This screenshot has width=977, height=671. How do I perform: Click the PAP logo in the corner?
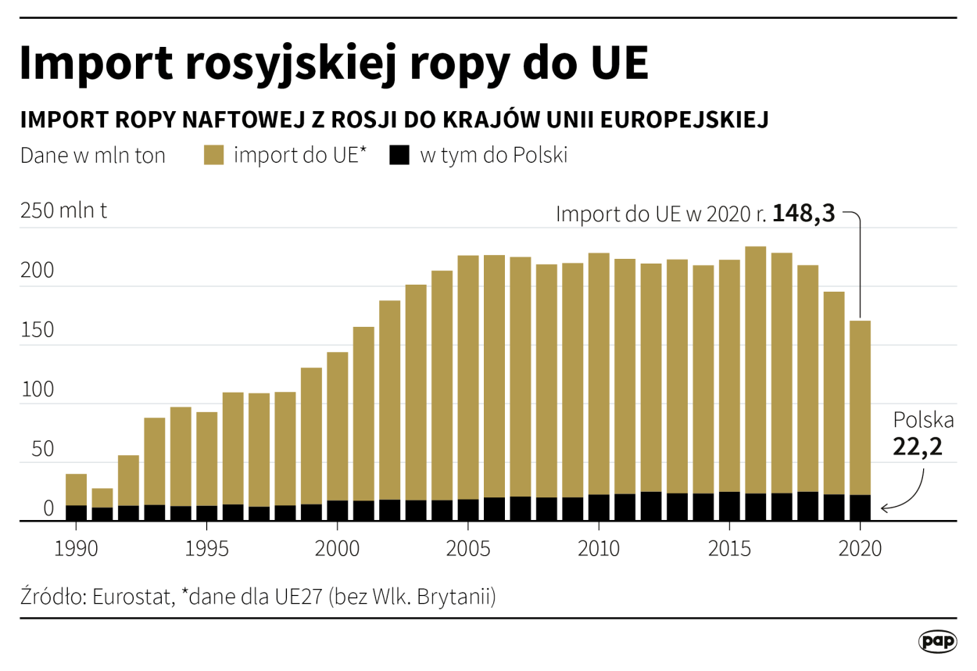click(x=937, y=641)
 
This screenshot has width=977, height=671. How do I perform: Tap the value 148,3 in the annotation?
click(x=804, y=213)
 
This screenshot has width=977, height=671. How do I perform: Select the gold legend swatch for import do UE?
click(x=213, y=155)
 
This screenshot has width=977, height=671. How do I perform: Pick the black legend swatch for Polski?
click(x=399, y=155)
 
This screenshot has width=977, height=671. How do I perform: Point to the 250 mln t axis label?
click(x=64, y=211)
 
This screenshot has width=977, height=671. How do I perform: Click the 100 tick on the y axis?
click(x=38, y=391)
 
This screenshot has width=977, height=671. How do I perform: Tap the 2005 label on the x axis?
click(x=468, y=548)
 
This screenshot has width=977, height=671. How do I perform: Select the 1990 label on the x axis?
click(x=76, y=548)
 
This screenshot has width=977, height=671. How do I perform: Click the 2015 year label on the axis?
click(x=729, y=548)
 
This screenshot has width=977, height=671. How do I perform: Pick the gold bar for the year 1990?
click(x=76, y=490)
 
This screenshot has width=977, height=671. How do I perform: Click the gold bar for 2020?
click(x=860, y=407)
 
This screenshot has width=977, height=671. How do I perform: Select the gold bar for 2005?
click(x=468, y=375)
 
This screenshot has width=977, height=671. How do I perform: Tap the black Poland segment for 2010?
click(x=599, y=508)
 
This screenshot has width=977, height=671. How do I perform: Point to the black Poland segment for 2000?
click(x=338, y=510)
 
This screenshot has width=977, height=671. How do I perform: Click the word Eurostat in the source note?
click(x=127, y=597)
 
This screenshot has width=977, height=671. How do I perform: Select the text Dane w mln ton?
click(x=93, y=156)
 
